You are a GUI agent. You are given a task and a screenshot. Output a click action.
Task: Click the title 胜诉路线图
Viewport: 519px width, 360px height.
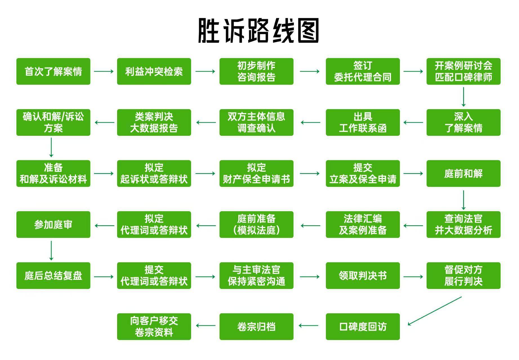[259, 30]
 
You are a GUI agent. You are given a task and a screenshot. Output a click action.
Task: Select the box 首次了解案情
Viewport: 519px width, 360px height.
[53, 71]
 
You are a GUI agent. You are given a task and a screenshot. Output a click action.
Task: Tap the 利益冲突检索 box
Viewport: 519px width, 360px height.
[154, 71]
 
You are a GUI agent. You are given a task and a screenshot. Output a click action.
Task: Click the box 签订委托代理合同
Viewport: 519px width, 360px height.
[363, 71]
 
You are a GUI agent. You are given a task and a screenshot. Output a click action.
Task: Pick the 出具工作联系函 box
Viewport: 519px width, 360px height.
[363, 122]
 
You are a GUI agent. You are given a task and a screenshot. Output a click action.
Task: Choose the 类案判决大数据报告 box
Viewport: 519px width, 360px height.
[154, 122]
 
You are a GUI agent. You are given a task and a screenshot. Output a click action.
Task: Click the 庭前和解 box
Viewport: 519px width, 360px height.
[463, 173]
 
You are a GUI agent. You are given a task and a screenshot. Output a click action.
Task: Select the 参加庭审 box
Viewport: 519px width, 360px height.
[53, 225]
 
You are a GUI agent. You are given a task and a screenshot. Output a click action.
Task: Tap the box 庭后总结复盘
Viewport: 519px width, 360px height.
[53, 276]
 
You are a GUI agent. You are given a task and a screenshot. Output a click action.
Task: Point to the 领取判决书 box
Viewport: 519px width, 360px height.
[363, 276]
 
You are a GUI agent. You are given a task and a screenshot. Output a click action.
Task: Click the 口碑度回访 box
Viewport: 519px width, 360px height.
[363, 327]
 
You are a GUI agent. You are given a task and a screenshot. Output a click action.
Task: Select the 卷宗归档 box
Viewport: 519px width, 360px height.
[256, 327]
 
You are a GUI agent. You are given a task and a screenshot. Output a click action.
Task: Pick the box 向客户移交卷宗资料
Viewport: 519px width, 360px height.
[154, 327]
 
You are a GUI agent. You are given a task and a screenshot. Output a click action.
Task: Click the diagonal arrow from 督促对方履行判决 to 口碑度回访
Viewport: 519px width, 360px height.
[435, 311]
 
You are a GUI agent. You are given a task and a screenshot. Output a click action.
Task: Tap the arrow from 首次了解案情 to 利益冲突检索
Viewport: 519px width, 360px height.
[104, 71]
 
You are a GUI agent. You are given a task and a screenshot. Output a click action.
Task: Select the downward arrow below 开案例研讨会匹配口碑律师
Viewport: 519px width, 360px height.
[463, 97]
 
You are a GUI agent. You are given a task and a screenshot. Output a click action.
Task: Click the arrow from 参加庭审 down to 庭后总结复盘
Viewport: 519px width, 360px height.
[51, 250]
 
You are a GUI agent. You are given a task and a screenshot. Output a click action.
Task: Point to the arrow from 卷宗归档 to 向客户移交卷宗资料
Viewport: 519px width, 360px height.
[206, 326]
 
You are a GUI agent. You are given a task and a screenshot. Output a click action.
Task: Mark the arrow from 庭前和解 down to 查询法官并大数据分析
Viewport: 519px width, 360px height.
[463, 200]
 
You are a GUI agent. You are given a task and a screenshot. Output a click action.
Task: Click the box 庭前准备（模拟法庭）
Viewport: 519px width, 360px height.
[256, 225]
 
